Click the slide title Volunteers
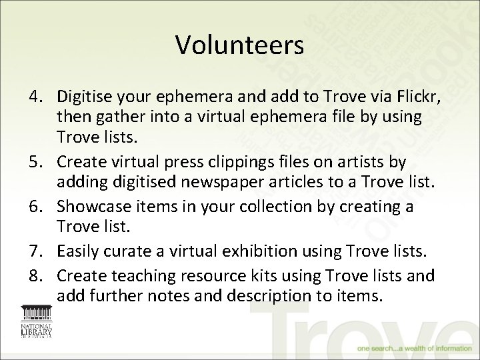click(x=240, y=45)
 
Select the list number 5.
click(x=35, y=162)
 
